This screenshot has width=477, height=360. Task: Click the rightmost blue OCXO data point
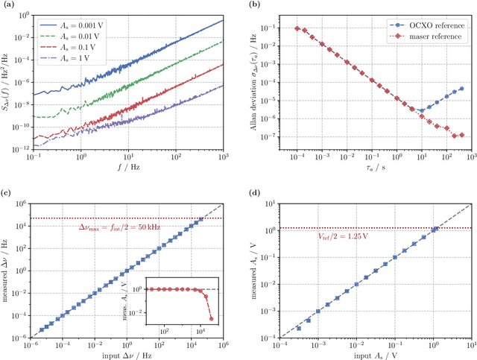click(x=462, y=89)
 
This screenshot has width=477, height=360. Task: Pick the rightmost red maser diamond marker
click(x=462, y=135)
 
